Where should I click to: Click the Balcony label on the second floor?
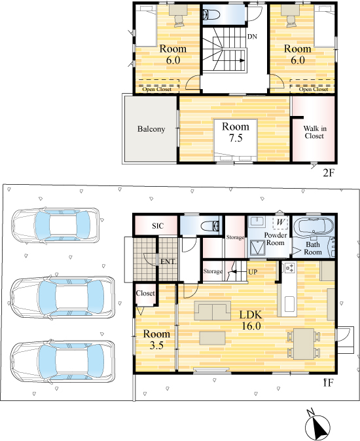(151, 129)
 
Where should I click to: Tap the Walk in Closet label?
(315, 132)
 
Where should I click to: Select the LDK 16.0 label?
(251, 320)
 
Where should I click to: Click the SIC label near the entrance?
(158, 226)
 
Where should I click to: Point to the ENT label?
(168, 261)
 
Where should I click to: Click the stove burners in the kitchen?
(289, 268)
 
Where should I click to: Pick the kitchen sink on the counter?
(289, 304)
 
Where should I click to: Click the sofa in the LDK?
(212, 311)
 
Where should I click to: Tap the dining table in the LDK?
(304, 344)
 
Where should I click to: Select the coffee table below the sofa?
(213, 337)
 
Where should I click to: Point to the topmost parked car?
(56, 225)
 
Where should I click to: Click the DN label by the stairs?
(253, 37)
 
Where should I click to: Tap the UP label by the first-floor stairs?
(253, 272)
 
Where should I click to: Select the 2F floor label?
(329, 173)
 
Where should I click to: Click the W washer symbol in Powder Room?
(280, 222)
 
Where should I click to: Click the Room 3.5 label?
(156, 339)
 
